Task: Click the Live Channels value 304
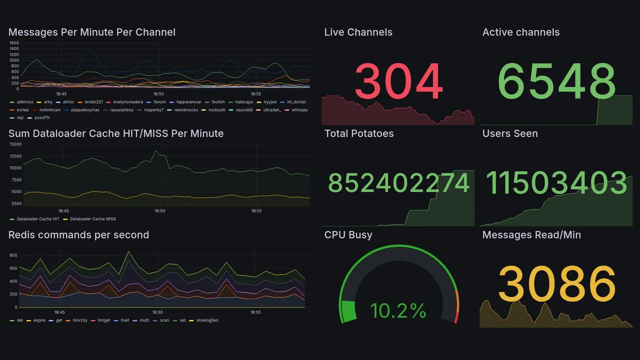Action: tap(398, 81)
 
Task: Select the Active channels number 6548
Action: tap(556, 81)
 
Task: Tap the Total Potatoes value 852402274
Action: tap(398, 183)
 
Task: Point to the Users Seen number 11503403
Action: tap(556, 183)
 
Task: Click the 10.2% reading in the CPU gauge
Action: tap(398, 311)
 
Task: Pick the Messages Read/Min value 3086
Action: tap(556, 284)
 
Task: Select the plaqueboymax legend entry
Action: tap(85, 109)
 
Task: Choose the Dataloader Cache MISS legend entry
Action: tap(92, 219)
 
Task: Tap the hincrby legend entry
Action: tap(79, 320)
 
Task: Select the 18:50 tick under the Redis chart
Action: tap(158, 312)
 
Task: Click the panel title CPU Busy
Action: tap(348, 235)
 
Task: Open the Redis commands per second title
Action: tap(78, 235)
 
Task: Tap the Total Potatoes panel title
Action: tap(358, 133)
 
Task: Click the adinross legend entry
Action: tap(25, 102)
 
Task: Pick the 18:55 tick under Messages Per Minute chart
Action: tap(255, 93)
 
